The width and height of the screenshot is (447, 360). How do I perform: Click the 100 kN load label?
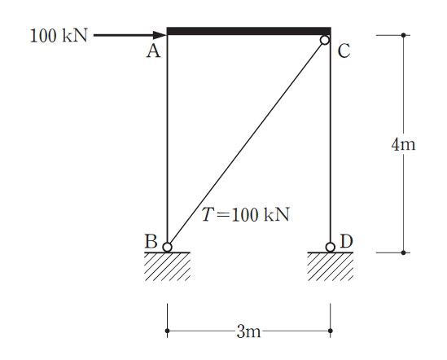tap(59, 36)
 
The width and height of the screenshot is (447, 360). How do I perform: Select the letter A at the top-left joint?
tap(153, 51)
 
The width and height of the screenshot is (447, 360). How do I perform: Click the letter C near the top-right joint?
tap(344, 51)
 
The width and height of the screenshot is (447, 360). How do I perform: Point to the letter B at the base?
tap(151, 241)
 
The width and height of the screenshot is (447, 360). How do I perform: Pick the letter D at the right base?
tap(346, 241)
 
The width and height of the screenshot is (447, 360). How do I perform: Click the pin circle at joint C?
tap(325, 40)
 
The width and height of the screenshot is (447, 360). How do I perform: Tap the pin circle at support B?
tap(168, 247)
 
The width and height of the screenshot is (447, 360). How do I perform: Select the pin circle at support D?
tap(331, 247)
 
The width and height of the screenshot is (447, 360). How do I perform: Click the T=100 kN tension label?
tap(245, 214)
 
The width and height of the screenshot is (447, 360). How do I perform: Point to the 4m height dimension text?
tap(403, 144)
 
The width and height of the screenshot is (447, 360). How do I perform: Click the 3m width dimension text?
tap(248, 331)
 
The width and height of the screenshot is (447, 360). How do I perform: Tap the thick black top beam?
tap(249, 31)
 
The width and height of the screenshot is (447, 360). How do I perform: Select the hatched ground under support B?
tap(168, 266)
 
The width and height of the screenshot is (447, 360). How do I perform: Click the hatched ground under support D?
tap(331, 266)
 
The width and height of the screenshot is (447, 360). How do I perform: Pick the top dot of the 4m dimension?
tap(403, 35)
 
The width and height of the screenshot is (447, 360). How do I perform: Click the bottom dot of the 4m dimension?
tap(403, 252)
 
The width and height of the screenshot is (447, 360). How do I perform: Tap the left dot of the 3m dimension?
tap(168, 331)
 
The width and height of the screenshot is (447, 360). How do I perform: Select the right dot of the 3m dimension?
tap(331, 331)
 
